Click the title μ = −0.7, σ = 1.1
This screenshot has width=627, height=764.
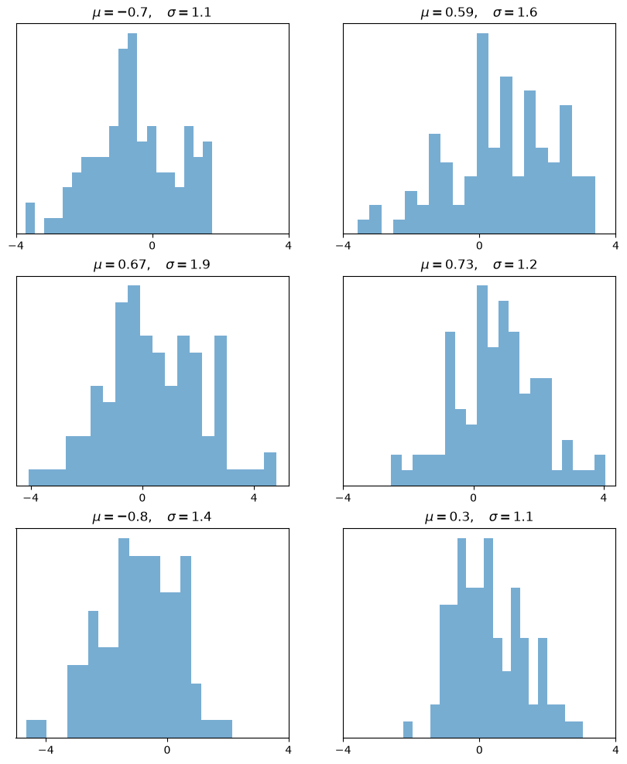(x=152, y=12)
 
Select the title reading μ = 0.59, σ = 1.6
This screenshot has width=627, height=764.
(x=479, y=12)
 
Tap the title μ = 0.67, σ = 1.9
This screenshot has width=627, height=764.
(x=152, y=264)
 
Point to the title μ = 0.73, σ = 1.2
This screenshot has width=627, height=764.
(x=479, y=264)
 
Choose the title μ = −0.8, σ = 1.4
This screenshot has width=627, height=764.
(x=152, y=517)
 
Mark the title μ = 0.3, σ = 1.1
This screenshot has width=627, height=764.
(x=479, y=517)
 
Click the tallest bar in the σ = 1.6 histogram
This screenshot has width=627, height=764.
(x=482, y=134)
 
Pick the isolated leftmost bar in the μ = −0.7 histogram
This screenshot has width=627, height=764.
(x=29, y=218)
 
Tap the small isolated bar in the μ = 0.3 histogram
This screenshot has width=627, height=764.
(x=408, y=730)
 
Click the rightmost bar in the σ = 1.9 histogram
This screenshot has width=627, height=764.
(x=270, y=469)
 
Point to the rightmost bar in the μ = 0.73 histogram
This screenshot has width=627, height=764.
(x=600, y=470)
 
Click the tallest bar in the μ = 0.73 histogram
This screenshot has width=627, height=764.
(x=481, y=385)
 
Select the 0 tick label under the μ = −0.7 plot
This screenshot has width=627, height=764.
(x=152, y=245)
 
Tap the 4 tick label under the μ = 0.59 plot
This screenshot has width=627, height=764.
(x=616, y=245)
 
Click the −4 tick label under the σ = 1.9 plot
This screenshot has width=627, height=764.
(x=30, y=497)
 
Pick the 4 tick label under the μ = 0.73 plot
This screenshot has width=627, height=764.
(x=604, y=497)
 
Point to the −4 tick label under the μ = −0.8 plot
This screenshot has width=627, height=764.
(x=46, y=750)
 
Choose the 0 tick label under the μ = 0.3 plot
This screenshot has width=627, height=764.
(x=479, y=750)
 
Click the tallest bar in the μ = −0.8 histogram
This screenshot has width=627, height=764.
(x=124, y=638)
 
